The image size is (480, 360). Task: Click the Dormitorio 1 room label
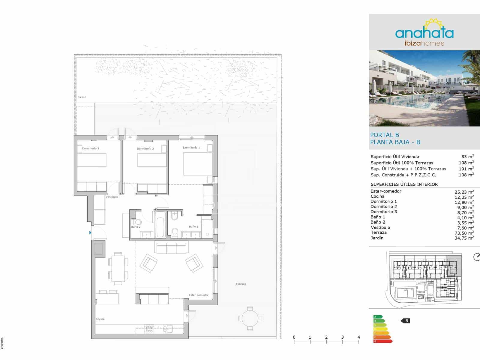click(x=191, y=148)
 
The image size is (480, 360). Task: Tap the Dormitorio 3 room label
click(x=90, y=148)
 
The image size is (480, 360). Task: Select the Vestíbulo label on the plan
click(x=112, y=197)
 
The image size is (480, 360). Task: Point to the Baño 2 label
click(x=136, y=227)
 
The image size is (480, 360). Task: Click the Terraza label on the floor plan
click(x=241, y=284)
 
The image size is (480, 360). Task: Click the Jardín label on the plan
click(x=82, y=97)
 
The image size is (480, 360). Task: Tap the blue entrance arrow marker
click(x=90, y=232)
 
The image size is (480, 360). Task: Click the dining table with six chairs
click(x=118, y=268)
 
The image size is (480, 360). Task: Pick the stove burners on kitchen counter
click(x=149, y=329)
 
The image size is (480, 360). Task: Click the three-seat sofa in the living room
click(x=171, y=248)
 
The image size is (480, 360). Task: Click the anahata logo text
click(x=424, y=33)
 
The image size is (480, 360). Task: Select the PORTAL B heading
click(x=385, y=135)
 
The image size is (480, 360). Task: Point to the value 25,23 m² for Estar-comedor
click(x=464, y=192)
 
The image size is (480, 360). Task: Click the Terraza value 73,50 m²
click(x=464, y=233)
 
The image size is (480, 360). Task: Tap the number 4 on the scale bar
click(x=358, y=337)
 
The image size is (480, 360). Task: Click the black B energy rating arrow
click(x=406, y=321)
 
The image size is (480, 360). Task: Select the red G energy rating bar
click(x=382, y=341)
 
